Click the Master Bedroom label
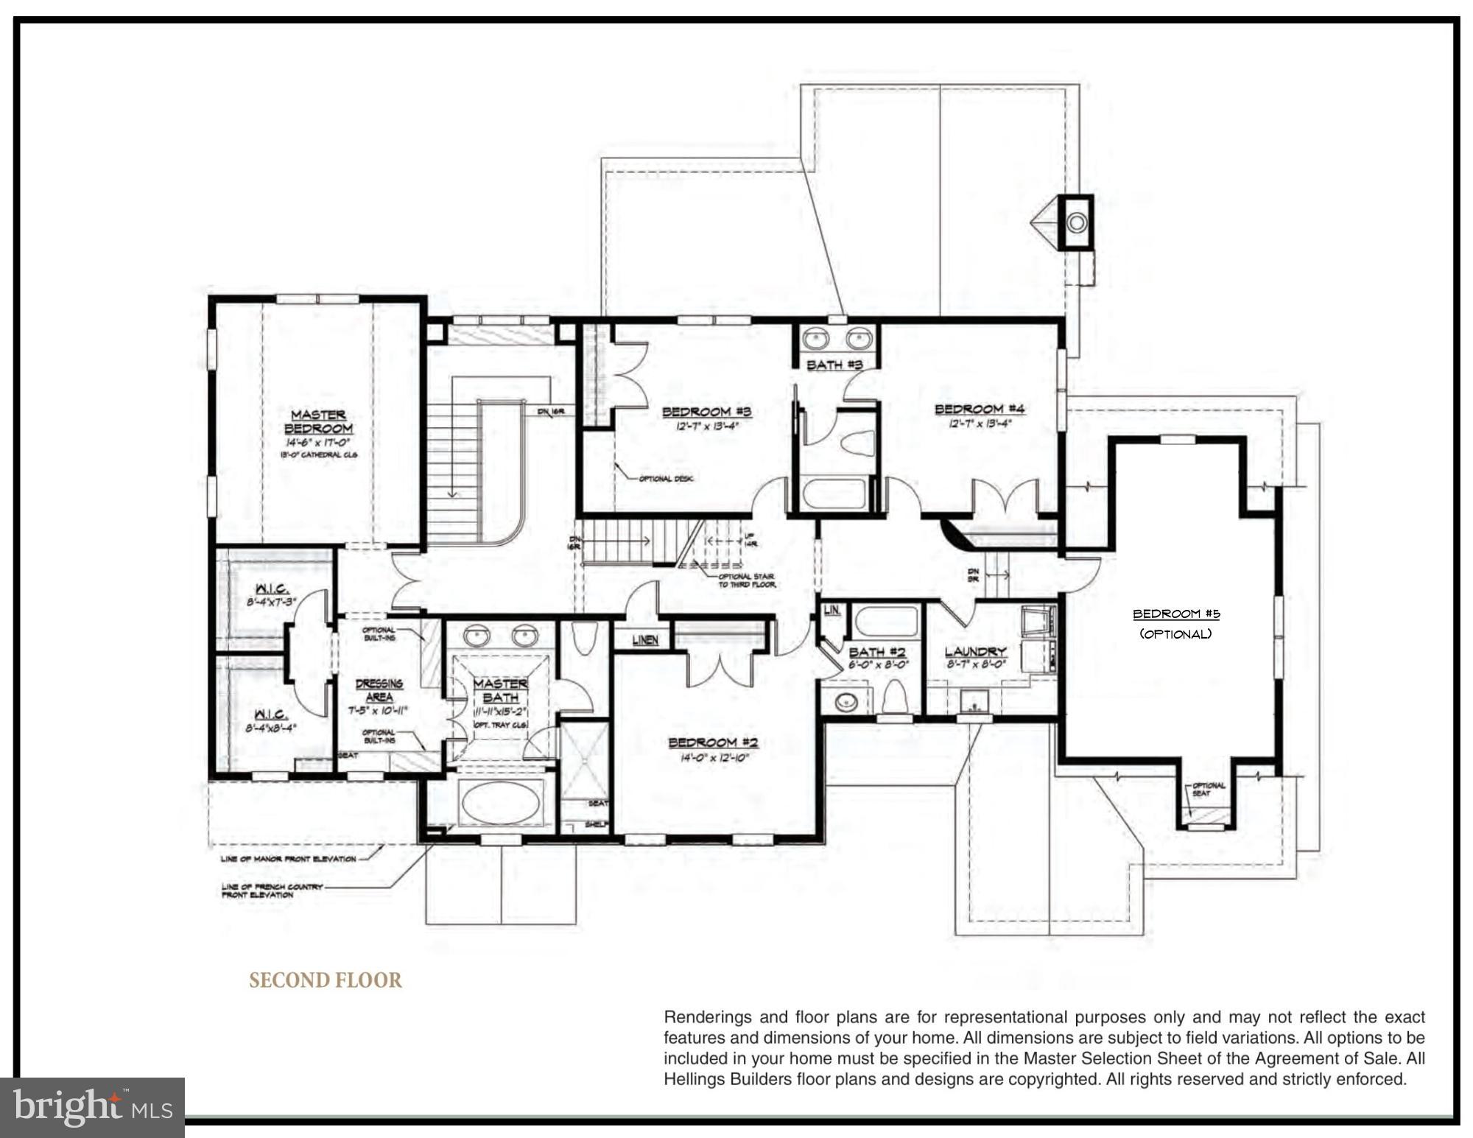[318, 421]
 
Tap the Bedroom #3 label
[706, 412]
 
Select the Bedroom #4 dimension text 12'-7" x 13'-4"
[980, 424]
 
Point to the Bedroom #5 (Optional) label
[1175, 623]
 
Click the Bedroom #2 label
[713, 742]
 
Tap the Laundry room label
[975, 651]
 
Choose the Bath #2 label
[876, 652]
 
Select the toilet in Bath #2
[894, 697]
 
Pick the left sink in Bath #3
[816, 340]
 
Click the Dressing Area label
[379, 690]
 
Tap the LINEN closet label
[645, 640]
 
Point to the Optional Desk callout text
[666, 479]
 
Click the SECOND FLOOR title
[326, 980]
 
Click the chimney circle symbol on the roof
[1077, 222]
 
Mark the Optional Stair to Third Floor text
[746, 580]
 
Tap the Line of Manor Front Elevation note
[288, 859]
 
